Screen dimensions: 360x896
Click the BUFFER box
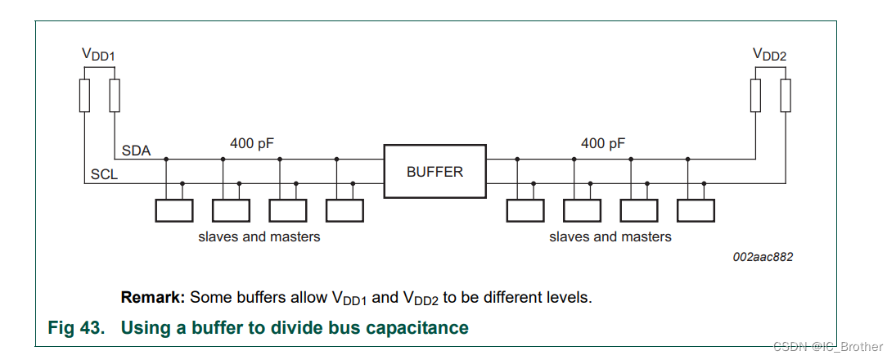pyautogui.click(x=434, y=172)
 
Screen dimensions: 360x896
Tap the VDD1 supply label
pyautogui.click(x=99, y=55)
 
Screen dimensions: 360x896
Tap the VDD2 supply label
pyautogui.click(x=770, y=55)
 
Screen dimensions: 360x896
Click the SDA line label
pyautogui.click(x=136, y=151)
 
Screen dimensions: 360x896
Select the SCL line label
pyautogui.click(x=105, y=175)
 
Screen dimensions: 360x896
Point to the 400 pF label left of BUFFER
pyautogui.click(x=252, y=144)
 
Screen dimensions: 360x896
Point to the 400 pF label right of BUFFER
pyautogui.click(x=603, y=144)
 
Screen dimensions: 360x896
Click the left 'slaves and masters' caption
pyautogui.click(x=259, y=236)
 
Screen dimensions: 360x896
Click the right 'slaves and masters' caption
pyautogui.click(x=610, y=236)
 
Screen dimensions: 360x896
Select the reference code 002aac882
pyautogui.click(x=763, y=257)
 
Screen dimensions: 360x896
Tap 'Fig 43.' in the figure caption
pyautogui.click(x=76, y=328)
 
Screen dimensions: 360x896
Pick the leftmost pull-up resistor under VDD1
pyautogui.click(x=85, y=96)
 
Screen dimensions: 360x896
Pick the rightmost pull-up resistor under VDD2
pyautogui.click(x=786, y=96)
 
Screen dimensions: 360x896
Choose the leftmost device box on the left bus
pyautogui.click(x=174, y=210)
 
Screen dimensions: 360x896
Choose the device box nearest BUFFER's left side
pyautogui.click(x=344, y=210)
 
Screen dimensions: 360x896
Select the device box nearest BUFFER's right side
pyautogui.click(x=525, y=210)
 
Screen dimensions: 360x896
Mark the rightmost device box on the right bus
pyautogui.click(x=696, y=210)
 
